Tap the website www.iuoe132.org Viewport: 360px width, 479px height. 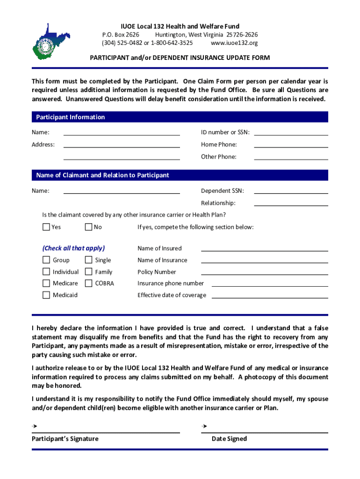(x=234, y=43)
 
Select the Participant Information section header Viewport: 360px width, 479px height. (x=71, y=117)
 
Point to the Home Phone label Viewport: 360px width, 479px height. (x=219, y=145)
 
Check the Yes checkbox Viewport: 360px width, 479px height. (x=46, y=227)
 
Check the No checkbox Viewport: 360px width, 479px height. (x=88, y=227)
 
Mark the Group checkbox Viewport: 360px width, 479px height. (x=46, y=260)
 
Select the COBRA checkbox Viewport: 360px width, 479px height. (x=88, y=283)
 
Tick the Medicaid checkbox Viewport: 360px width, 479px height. (x=46, y=295)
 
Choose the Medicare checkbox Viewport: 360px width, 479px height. (x=46, y=283)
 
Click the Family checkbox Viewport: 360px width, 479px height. (x=88, y=272)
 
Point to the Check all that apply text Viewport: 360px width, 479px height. (x=73, y=248)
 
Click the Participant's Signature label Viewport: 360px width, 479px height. (x=65, y=439)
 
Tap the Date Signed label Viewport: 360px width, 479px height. (x=229, y=439)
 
